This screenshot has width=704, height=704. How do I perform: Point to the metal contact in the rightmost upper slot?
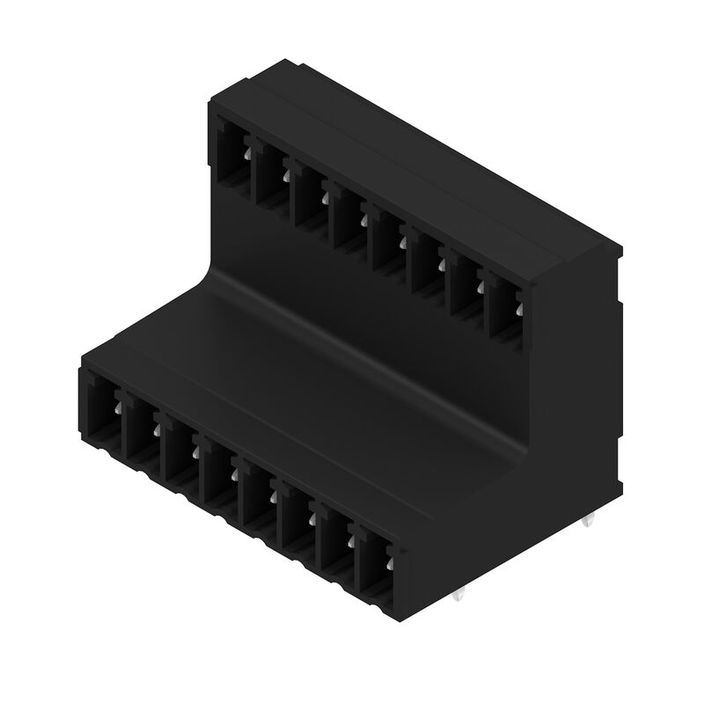click(518, 307)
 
